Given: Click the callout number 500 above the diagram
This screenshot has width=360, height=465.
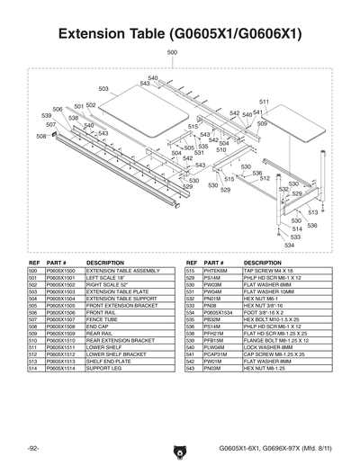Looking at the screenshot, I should pyautogui.click(x=172, y=54).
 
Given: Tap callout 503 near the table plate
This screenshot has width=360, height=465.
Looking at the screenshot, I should pyautogui.click(x=103, y=89).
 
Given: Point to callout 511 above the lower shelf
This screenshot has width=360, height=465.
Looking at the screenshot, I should pyautogui.click(x=264, y=102).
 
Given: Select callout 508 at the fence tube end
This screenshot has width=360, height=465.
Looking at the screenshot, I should pyautogui.click(x=41, y=136).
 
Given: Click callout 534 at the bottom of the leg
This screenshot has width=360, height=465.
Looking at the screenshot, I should pyautogui.click(x=289, y=244).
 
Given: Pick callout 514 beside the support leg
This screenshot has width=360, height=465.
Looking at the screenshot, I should pyautogui.click(x=296, y=228).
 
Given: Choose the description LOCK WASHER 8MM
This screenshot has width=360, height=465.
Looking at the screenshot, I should pyautogui.click(x=266, y=348).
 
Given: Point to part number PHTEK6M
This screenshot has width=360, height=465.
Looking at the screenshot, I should pyautogui.click(x=215, y=270).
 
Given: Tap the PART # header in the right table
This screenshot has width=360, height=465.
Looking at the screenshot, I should pyautogui.click(x=214, y=263).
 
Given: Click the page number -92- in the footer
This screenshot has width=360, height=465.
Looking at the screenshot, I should pyautogui.click(x=31, y=446).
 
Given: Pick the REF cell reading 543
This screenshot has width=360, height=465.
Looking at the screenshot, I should pyautogui.click(x=190, y=369).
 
